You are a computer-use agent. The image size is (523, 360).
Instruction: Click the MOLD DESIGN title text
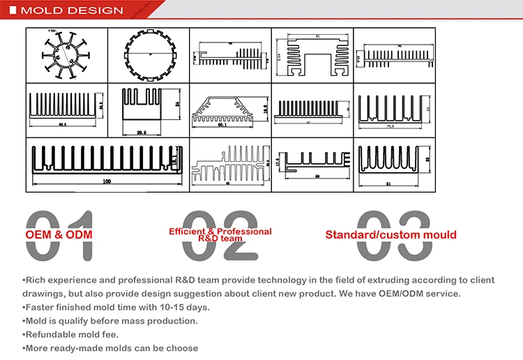pos(72,10)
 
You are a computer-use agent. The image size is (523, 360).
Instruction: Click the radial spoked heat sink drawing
pos(66,54)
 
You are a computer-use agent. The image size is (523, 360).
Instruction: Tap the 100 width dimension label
pos(107,182)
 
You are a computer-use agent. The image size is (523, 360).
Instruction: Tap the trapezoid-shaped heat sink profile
pos(229,108)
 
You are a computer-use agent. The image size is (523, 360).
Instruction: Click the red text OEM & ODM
pos(59,234)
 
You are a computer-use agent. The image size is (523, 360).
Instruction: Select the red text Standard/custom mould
pos(391,234)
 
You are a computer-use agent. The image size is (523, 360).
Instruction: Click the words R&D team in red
pos(220,239)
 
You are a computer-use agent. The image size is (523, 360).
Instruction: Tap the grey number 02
pos(221,236)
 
